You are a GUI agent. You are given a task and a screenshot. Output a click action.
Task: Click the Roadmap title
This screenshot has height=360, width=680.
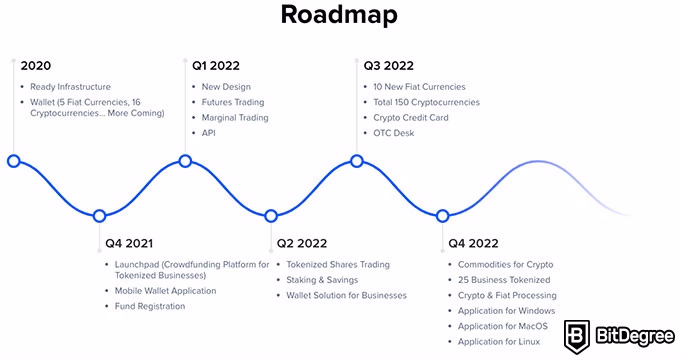[339, 15]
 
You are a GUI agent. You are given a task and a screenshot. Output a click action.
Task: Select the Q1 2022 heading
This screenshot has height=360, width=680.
[214, 66]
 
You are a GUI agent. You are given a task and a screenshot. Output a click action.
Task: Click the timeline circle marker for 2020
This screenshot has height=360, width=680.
[13, 161]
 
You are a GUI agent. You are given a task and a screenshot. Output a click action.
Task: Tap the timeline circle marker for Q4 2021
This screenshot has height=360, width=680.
[99, 216]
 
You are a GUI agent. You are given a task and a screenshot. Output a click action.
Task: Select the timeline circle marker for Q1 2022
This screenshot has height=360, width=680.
[185, 161]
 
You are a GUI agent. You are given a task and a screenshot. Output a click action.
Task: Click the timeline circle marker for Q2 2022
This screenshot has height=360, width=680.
[271, 216]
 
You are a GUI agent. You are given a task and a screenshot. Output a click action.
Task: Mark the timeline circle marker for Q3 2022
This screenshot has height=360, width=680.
[357, 161]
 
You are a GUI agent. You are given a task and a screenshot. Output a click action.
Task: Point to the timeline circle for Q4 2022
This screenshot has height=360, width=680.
[443, 216]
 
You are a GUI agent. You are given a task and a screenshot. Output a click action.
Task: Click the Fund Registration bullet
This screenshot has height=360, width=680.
[150, 306]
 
